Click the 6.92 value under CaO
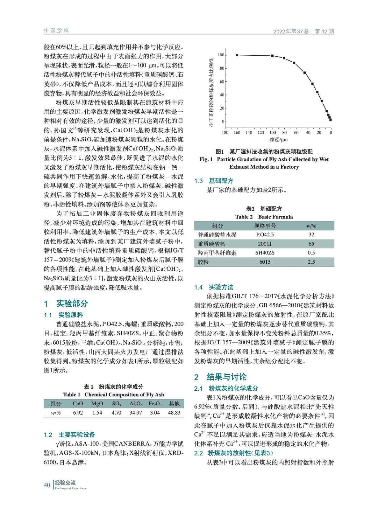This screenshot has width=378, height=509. coord(78,413)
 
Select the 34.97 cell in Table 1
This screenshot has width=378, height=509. coord(136,413)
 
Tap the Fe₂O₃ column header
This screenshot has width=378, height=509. coord(155,404)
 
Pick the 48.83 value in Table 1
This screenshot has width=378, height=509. coord(174,413)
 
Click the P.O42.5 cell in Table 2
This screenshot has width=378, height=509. coord(265,235)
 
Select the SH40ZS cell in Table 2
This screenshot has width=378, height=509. coord(265,253)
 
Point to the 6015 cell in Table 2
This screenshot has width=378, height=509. coord(265,262)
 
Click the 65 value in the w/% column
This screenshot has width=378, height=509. coord(311,244)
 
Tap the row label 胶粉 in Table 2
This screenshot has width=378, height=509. coord(203,262)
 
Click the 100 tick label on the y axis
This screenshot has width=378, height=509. coord(221,55)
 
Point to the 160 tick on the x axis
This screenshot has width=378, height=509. coord(237,132)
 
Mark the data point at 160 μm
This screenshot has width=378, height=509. coord(237,55)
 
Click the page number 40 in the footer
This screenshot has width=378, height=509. coord(47,485)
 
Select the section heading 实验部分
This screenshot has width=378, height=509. coord(72,303)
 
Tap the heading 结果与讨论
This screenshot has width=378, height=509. coord(226,377)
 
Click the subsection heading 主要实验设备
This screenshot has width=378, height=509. coord(77,435)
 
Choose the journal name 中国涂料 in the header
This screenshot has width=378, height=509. coord(56,31)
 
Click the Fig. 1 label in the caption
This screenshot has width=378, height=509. coord(206,159)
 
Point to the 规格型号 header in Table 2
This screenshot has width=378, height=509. coord(265,226)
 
